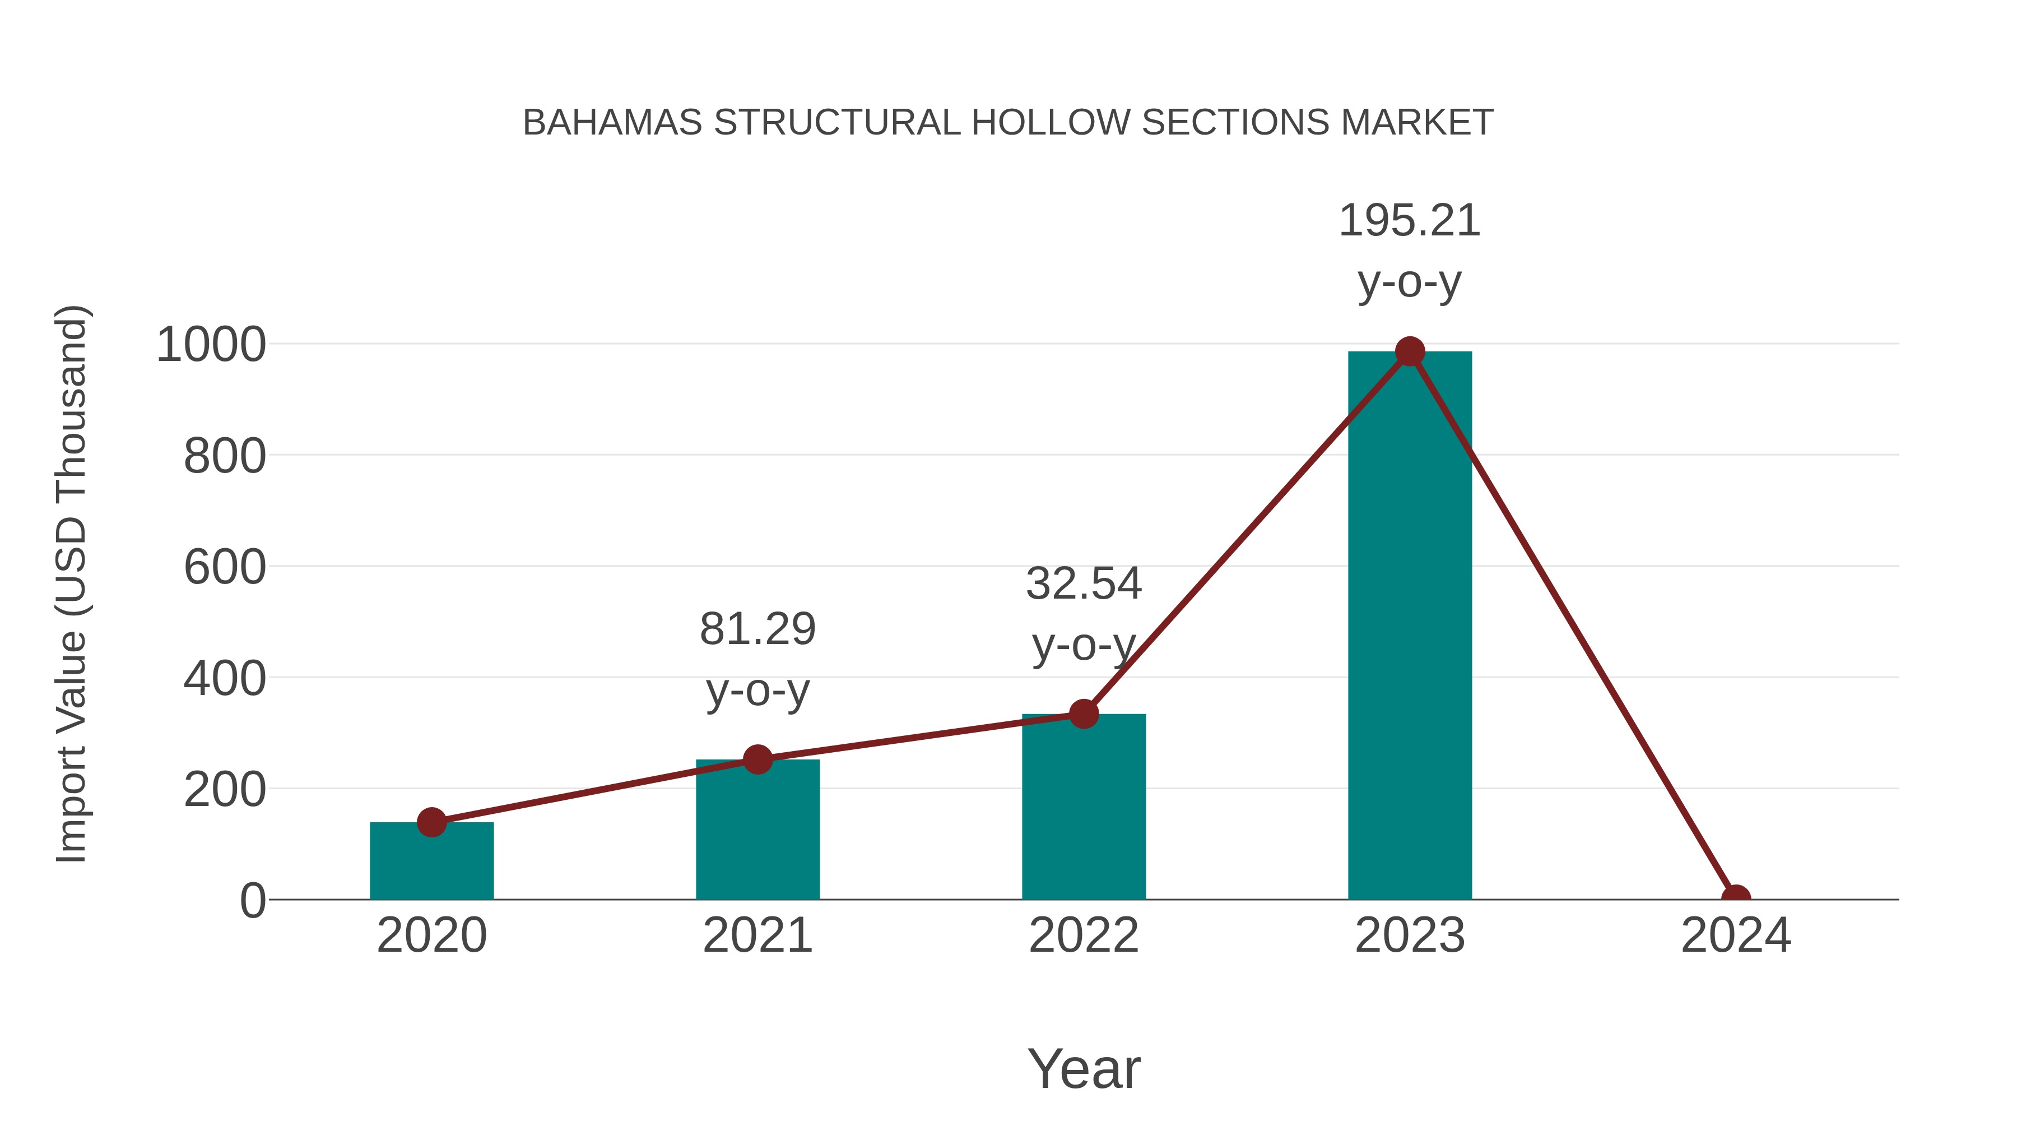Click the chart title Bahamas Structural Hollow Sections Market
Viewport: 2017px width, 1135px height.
pos(1008,123)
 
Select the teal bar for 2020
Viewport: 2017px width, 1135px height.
pos(431,861)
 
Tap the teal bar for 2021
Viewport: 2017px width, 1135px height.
pos(757,830)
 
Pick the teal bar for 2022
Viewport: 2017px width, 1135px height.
pos(1084,807)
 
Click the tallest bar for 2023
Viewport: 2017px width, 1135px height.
pos(1410,627)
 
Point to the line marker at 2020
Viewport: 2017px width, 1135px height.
pos(431,822)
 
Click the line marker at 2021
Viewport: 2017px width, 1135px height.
pos(757,759)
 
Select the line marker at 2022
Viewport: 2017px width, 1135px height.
pos(1084,714)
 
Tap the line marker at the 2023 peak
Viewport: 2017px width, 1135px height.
pos(1410,351)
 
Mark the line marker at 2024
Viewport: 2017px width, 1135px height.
pos(1735,898)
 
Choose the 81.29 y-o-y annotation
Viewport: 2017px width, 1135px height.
pos(757,660)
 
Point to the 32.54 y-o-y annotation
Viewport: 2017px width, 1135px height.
pos(1084,614)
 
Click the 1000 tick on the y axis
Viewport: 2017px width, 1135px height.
pos(211,345)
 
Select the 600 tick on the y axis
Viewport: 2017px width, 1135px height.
pos(225,567)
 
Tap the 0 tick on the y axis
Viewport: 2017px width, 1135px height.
pos(253,901)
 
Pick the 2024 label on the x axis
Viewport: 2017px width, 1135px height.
pos(1735,935)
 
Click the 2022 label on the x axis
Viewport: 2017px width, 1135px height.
pos(1084,935)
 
